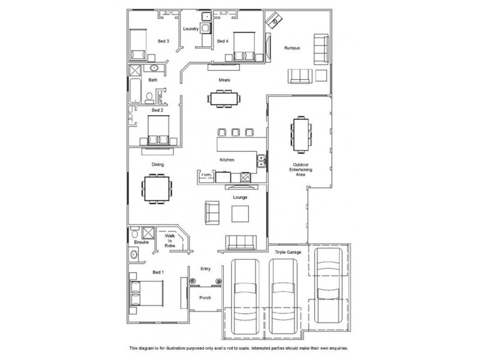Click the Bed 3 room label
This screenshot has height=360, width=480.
(x=163, y=41)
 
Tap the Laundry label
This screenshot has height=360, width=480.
(x=191, y=29)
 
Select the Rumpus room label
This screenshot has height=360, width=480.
(x=292, y=48)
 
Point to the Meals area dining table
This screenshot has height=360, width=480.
(x=224, y=98)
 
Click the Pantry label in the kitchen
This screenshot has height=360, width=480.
(x=206, y=175)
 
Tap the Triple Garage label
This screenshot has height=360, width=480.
(x=289, y=253)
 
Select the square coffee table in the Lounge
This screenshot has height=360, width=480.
(x=241, y=214)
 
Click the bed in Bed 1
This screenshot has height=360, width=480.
(x=148, y=293)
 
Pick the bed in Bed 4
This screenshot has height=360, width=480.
(x=244, y=46)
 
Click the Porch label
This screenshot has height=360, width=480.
(x=205, y=297)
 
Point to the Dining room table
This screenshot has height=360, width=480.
(x=157, y=189)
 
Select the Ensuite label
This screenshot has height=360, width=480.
(x=141, y=242)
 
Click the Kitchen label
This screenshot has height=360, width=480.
(x=227, y=160)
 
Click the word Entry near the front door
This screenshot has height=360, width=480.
(x=205, y=269)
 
